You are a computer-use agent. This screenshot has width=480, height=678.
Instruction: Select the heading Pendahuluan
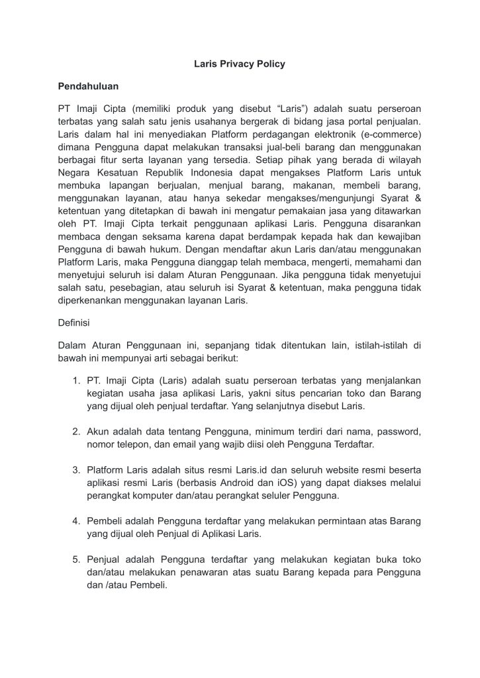click(88, 86)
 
